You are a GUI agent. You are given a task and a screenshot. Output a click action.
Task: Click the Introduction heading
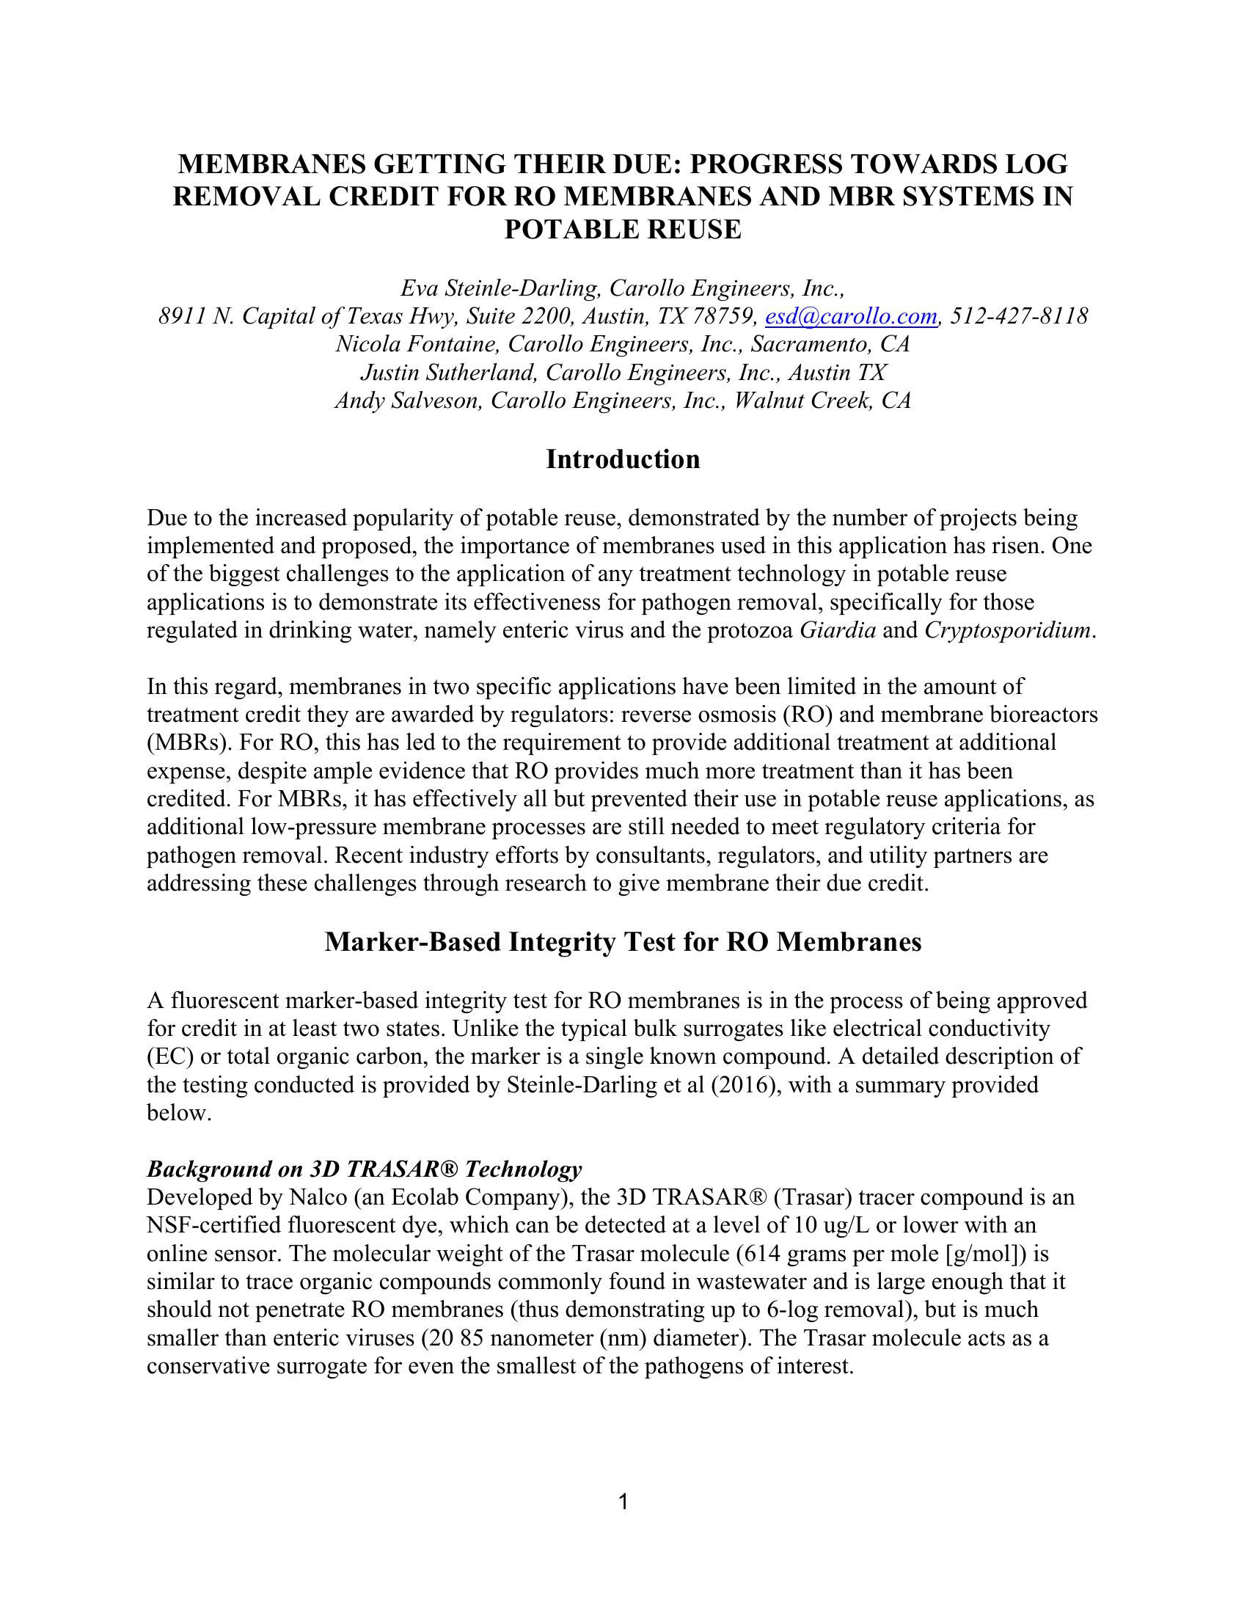[623, 460]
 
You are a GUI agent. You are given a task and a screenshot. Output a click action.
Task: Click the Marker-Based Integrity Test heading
[623, 942]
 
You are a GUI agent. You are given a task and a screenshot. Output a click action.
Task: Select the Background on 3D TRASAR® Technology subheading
[365, 1169]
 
